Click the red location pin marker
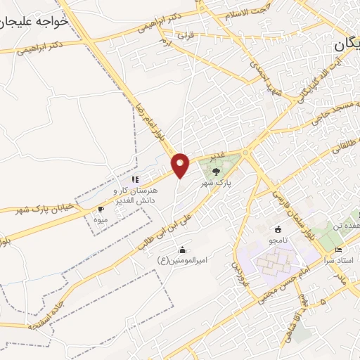181,165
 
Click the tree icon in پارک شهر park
215,170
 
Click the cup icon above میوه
101,210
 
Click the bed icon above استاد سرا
338,250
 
